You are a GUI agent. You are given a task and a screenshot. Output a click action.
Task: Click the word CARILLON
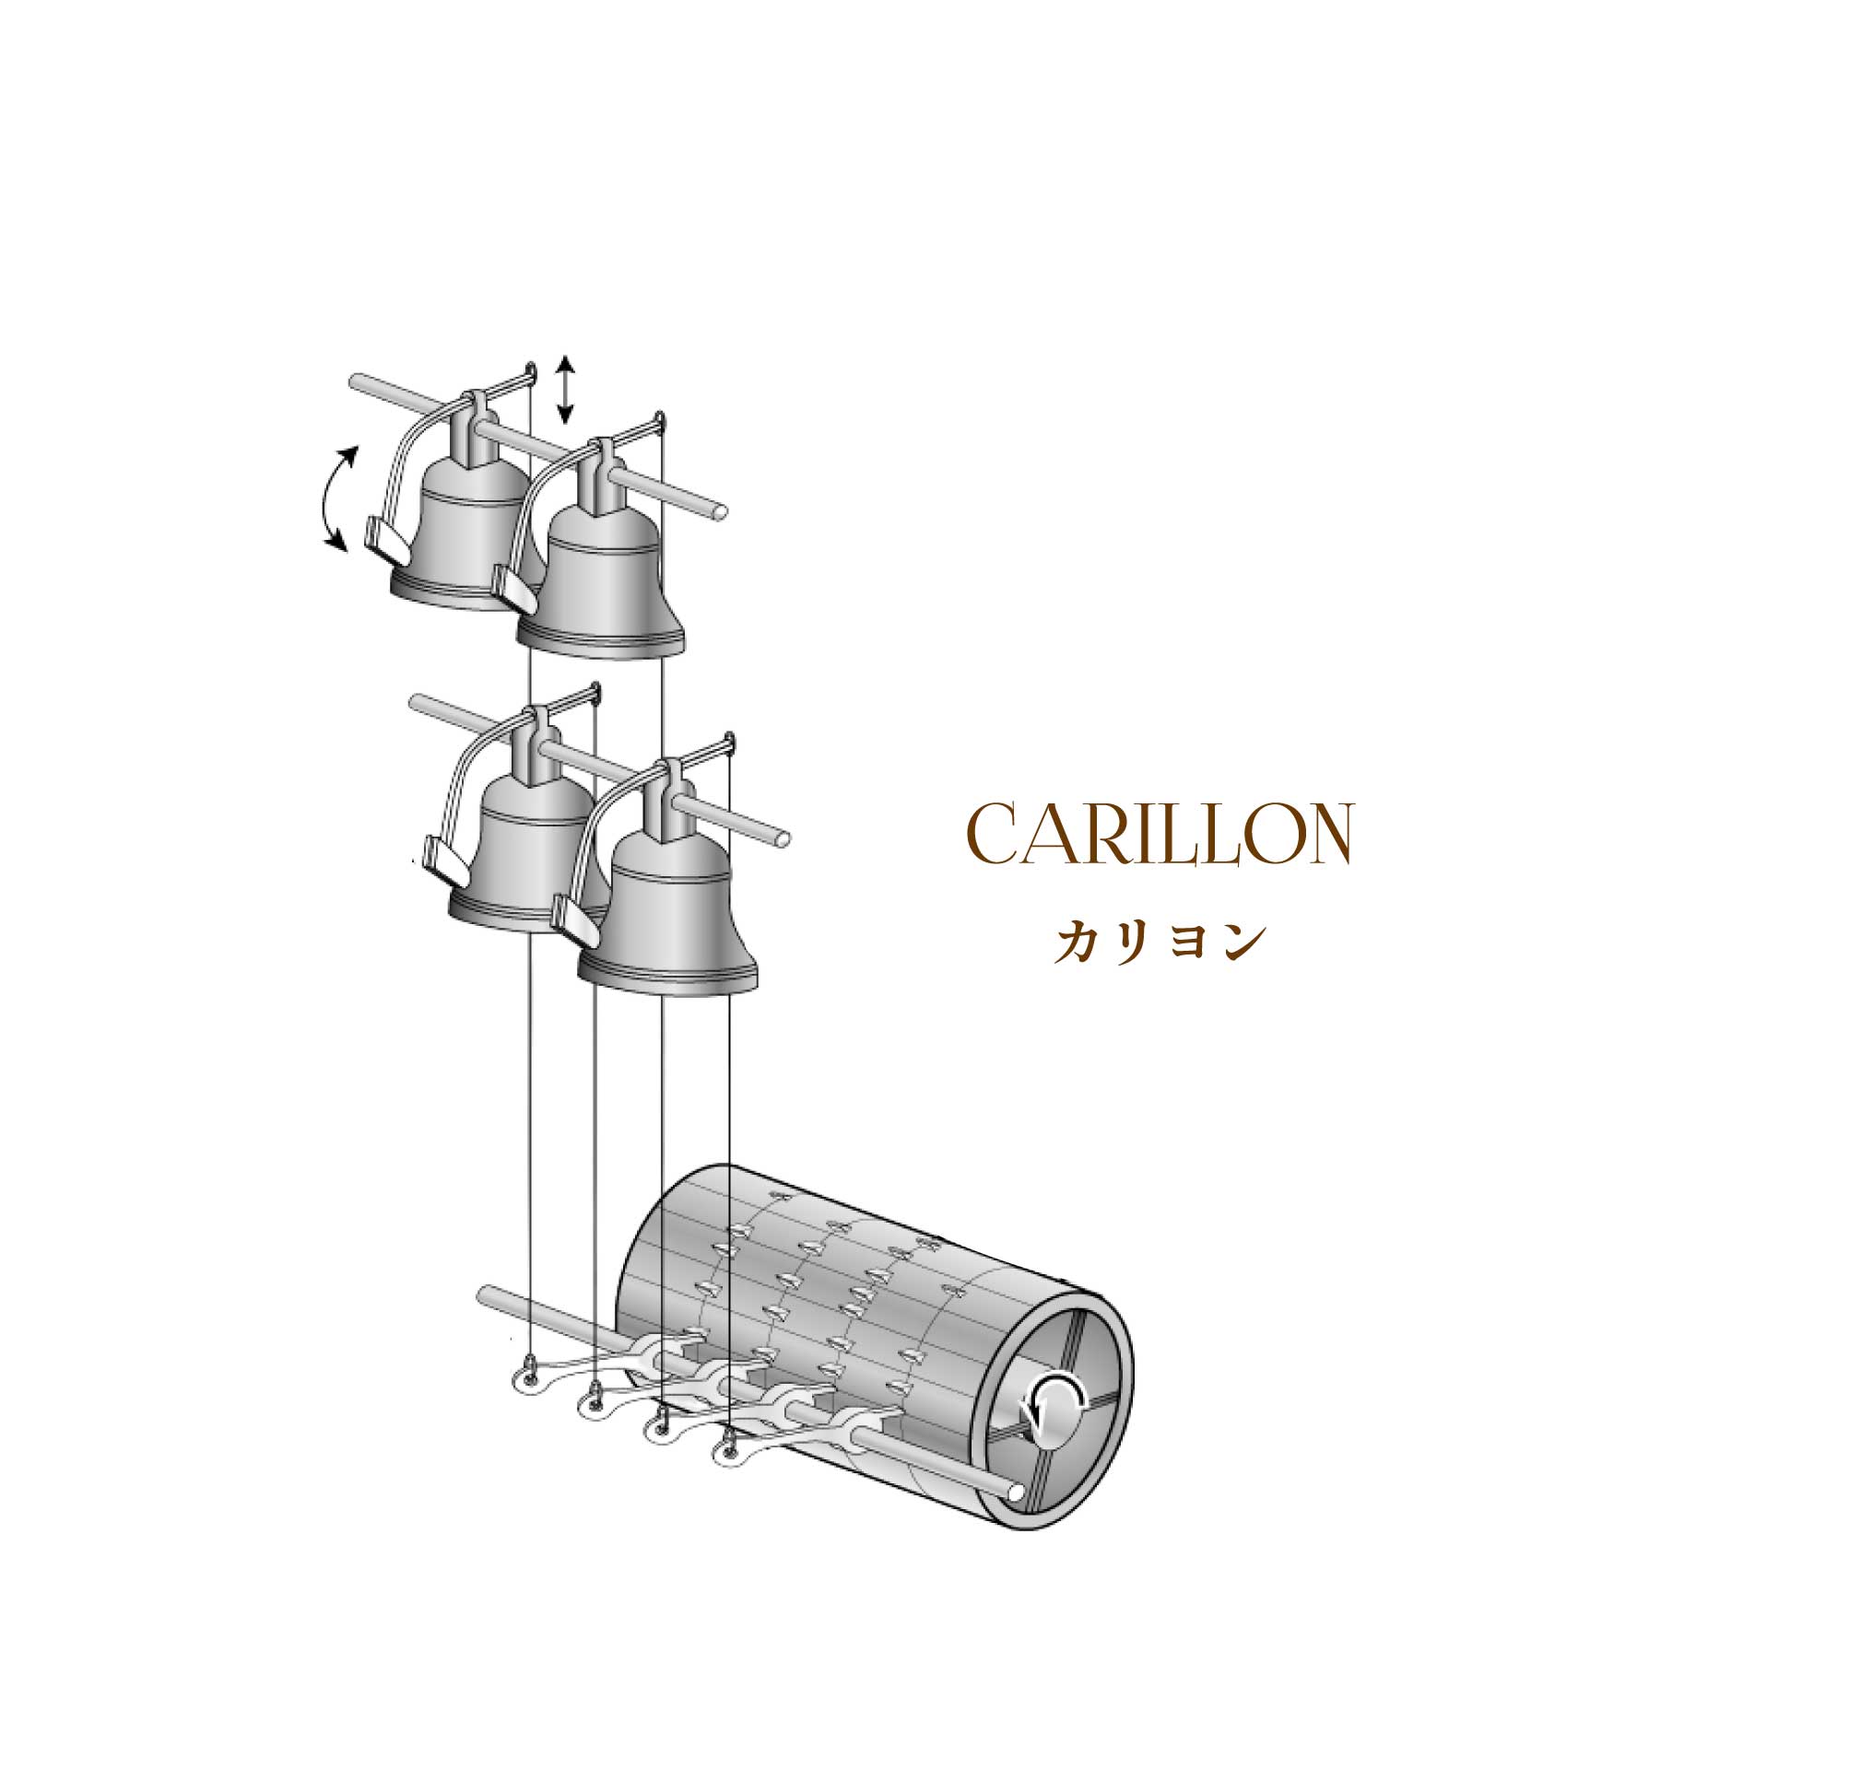pyautogui.click(x=1159, y=834)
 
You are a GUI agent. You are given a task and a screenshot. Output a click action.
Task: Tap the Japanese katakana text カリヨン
pyautogui.click(x=1160, y=943)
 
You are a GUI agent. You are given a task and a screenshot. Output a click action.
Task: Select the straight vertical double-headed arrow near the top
pyautogui.click(x=565, y=389)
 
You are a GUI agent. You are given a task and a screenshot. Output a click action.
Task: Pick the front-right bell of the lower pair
pyautogui.click(x=666, y=901)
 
